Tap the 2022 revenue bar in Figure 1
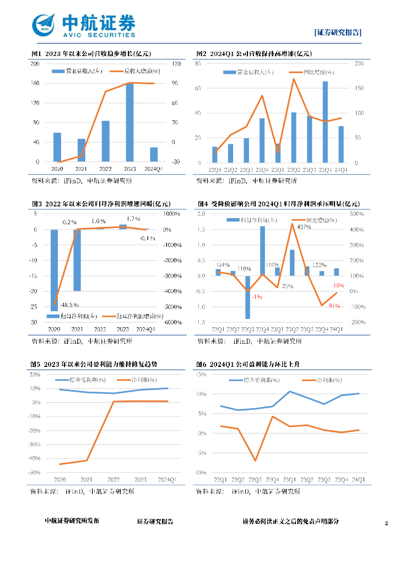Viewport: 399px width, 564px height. click(x=105, y=141)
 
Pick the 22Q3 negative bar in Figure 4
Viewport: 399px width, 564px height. click(x=247, y=297)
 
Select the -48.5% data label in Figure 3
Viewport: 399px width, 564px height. click(x=69, y=305)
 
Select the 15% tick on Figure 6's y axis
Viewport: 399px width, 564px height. click(x=201, y=375)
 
